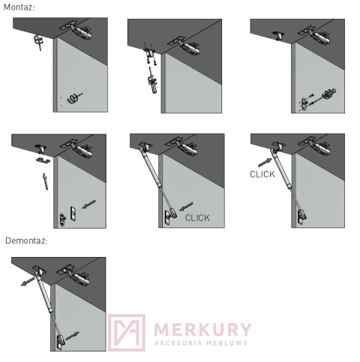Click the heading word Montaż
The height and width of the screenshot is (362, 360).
19,7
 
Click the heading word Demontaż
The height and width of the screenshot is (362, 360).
26,241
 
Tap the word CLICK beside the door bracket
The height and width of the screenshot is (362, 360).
197,218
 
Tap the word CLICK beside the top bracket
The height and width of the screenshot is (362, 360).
262,174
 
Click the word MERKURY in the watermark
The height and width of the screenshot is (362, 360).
202,329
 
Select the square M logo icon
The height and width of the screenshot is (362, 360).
127,333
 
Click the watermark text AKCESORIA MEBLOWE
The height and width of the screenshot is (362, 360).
201,343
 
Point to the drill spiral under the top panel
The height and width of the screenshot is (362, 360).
38,40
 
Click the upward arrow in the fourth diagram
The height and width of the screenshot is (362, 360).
45,181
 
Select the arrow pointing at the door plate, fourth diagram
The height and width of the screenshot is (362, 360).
88,204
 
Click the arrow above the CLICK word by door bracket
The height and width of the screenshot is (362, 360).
186,206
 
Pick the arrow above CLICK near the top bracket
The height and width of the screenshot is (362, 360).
265,163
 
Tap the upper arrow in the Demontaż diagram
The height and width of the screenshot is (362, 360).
28,282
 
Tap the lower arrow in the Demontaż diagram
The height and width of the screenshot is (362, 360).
72,336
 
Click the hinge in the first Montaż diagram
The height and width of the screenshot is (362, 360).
77,30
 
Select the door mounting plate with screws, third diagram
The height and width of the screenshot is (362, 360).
304,104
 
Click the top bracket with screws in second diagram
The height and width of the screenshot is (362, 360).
149,53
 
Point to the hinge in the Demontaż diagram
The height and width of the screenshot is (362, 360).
74,275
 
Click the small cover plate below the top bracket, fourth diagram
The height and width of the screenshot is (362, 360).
43,160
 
